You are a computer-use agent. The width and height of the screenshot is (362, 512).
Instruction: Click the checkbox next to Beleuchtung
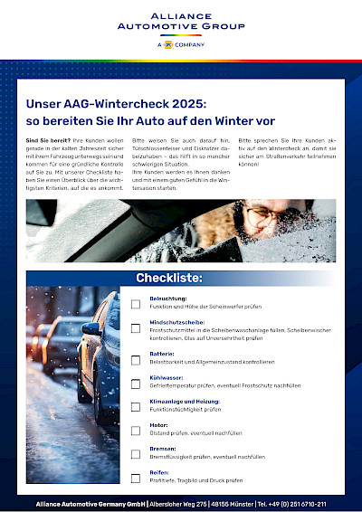[x=136, y=305]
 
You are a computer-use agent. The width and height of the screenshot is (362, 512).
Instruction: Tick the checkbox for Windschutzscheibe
[x=136, y=329]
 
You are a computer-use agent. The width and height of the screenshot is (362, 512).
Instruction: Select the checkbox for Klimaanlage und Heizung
[x=136, y=404]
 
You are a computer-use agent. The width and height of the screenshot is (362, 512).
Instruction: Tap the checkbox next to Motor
[x=136, y=429]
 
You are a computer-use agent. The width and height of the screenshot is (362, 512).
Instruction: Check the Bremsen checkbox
[x=136, y=453]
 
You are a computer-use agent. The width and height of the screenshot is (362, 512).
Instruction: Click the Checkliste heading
[x=168, y=278]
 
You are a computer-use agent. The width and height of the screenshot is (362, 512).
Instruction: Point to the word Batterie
[x=162, y=354]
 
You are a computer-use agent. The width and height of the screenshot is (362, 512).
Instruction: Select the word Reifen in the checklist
[x=159, y=472]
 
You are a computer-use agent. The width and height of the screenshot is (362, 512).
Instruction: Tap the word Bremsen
[x=163, y=448]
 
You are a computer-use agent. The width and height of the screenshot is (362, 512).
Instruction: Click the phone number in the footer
[x=302, y=503]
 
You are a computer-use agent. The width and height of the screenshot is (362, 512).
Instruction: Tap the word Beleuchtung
[x=168, y=298]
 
